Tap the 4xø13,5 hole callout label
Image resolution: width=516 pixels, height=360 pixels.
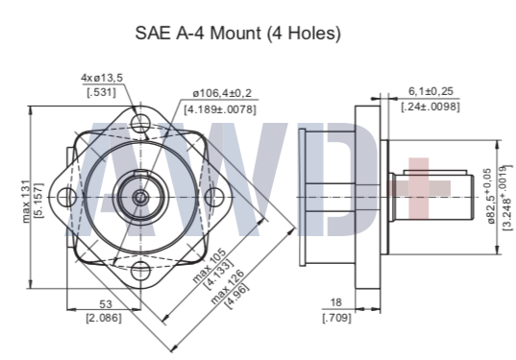[x=102, y=78]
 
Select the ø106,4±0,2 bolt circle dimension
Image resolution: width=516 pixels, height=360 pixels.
[x=222, y=93]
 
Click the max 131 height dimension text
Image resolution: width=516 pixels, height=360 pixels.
[x=26, y=202]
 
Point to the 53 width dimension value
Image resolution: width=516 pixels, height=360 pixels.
[x=106, y=304]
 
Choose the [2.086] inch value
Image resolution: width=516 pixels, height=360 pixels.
[x=104, y=318]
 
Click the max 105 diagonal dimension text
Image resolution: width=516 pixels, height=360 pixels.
[x=209, y=266]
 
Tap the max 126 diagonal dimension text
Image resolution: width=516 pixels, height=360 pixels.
[x=228, y=287]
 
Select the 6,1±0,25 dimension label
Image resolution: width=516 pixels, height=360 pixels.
[x=430, y=91]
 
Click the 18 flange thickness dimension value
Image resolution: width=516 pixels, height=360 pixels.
[x=335, y=302]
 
